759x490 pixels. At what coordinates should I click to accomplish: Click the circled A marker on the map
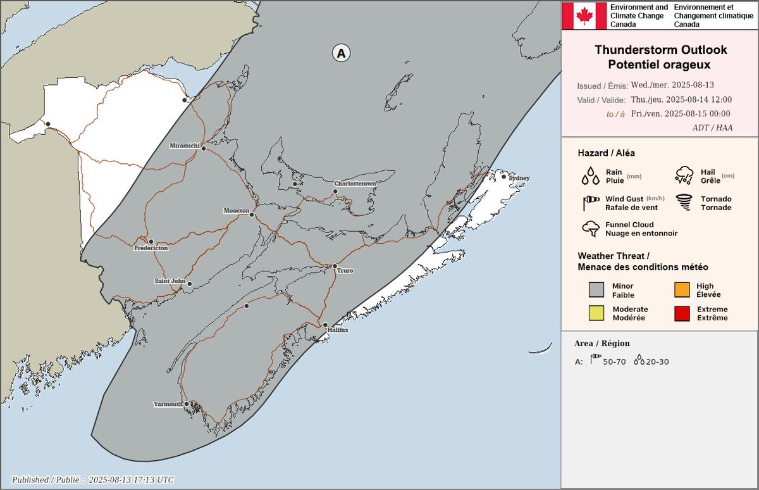tap(342, 54)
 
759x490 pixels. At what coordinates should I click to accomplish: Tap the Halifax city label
tap(338, 330)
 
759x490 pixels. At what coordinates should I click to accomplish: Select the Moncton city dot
tap(252, 215)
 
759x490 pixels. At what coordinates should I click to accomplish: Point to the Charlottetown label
tap(355, 184)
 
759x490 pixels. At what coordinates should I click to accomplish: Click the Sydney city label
tap(519, 178)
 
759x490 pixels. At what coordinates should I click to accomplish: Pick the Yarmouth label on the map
tap(168, 404)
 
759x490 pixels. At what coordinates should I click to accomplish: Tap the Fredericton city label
tap(151, 249)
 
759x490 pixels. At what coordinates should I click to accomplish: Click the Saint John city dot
tap(189, 284)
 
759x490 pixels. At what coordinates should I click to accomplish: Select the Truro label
tap(345, 270)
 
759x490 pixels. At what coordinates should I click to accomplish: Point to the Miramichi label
tap(184, 146)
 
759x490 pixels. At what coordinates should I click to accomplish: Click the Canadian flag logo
tap(584, 15)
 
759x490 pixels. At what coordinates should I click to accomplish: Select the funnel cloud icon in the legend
tap(591, 229)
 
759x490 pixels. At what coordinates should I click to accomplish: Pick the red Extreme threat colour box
tap(681, 313)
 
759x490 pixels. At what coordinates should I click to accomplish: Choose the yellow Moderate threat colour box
tap(596, 313)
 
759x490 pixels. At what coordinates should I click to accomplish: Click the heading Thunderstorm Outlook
tap(661, 50)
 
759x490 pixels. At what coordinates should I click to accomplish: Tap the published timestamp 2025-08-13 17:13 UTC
tap(131, 480)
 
